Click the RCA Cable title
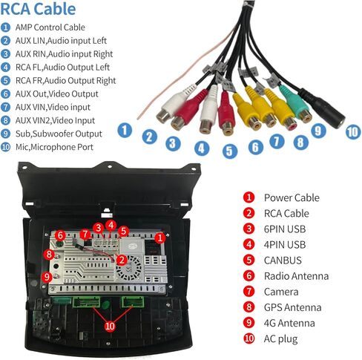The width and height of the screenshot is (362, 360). [38, 9]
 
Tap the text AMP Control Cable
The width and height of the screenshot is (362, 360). [50, 27]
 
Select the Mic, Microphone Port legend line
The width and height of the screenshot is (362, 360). [54, 147]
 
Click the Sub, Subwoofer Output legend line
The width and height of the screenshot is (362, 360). [59, 134]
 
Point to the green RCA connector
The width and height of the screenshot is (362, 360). [295, 102]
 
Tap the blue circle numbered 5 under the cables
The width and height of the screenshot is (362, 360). [230, 151]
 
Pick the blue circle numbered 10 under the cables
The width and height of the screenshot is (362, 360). [353, 131]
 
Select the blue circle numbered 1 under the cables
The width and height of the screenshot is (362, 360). [125, 130]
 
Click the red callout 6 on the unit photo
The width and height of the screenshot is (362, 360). [60, 235]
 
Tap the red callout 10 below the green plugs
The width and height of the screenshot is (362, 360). [110, 326]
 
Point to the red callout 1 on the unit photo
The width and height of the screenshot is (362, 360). [160, 238]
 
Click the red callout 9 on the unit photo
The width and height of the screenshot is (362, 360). [47, 277]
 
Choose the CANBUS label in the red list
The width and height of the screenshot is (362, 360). [283, 261]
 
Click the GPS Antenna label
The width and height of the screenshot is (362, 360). [293, 307]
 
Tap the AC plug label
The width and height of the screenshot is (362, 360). [280, 339]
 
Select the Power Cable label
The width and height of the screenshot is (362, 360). [292, 197]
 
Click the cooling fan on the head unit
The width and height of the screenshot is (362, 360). [129, 268]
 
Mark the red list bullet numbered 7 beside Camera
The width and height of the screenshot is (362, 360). [249, 292]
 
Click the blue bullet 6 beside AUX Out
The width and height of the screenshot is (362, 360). [5, 94]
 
